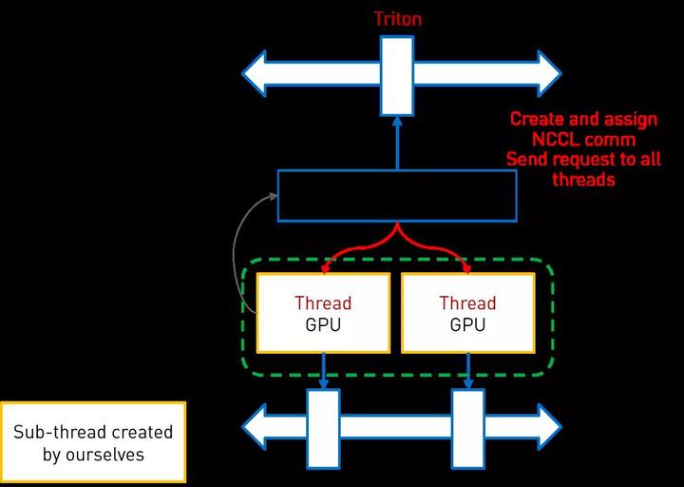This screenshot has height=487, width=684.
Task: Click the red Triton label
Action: point(397,18)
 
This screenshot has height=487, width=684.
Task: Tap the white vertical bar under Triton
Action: point(397,75)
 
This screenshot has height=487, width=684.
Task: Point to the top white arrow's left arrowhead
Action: point(257,73)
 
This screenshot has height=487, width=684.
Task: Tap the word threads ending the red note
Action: point(583,179)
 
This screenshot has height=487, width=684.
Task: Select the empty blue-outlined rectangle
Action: point(397,195)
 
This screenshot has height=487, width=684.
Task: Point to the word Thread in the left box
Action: point(323,303)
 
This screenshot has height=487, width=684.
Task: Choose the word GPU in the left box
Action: point(323,324)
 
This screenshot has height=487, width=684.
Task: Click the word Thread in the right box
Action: point(467,303)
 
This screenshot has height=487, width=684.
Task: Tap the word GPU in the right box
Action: point(467,324)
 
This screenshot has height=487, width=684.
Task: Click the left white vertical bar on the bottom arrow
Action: point(323,428)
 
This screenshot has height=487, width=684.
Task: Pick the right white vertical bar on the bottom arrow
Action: point(467,428)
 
